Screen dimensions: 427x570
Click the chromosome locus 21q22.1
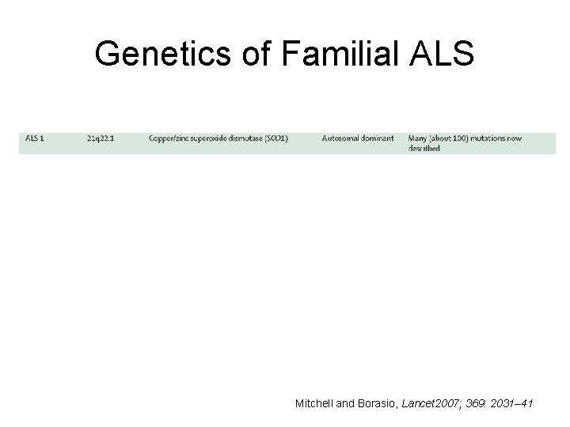[101, 138]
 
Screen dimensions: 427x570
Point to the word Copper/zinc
[168, 138]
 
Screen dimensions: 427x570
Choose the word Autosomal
[340, 138]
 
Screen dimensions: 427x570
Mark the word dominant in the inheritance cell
[377, 138]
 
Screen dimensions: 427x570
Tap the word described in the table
[424, 148]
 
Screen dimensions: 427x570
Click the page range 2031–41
[515, 404]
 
